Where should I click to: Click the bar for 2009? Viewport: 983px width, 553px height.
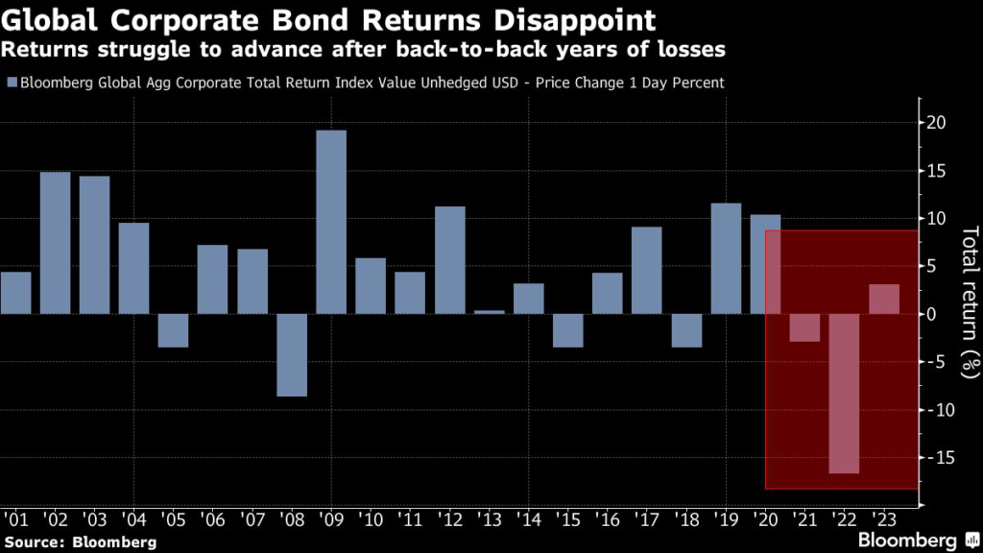[331, 222]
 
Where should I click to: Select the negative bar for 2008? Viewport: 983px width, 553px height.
[292, 354]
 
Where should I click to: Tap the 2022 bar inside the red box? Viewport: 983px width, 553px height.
[844, 394]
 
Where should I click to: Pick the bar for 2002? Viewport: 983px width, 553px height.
[55, 243]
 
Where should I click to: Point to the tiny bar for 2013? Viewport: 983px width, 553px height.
[489, 312]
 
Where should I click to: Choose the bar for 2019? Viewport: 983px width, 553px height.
[726, 258]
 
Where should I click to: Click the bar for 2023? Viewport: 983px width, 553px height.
[884, 299]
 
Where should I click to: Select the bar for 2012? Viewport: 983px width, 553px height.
[449, 260]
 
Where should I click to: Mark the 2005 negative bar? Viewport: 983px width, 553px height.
[173, 330]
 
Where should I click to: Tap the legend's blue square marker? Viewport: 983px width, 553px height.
[10, 83]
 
